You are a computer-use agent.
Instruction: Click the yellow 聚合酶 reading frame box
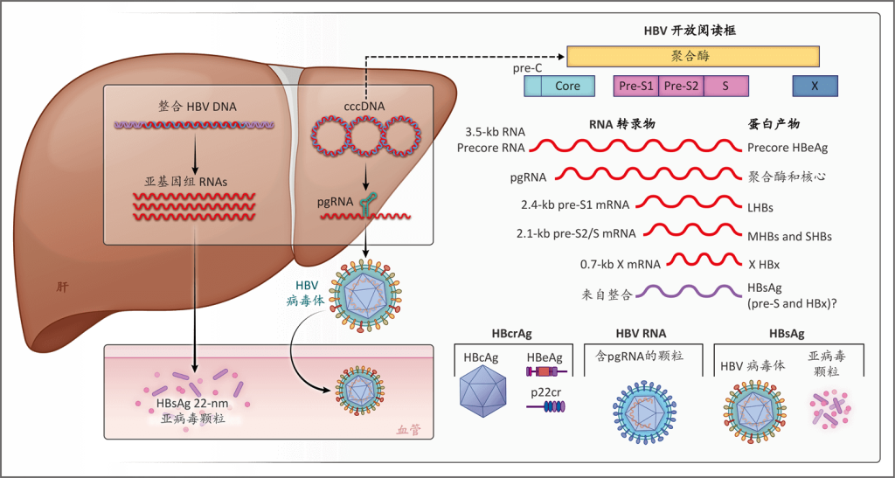coord(693,57)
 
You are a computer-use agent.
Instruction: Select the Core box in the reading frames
coord(567,86)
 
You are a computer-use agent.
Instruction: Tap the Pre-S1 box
coord(635,86)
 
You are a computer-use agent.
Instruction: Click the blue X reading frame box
coord(815,86)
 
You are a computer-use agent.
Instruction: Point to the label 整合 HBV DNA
coord(198,107)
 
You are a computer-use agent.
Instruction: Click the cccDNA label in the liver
coord(364,107)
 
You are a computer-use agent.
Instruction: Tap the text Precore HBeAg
coord(788,148)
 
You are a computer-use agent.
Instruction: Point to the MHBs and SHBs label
coord(790,236)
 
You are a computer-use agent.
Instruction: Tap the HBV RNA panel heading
coord(642,333)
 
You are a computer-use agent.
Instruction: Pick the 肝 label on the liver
coord(60,285)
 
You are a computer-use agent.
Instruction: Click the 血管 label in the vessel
coord(408,429)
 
